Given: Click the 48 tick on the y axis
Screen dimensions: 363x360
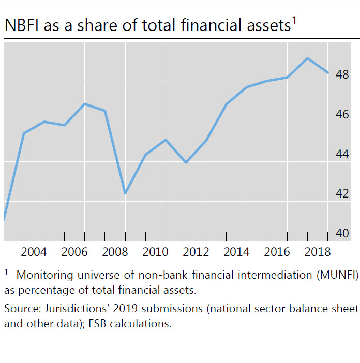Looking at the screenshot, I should pyautogui.click(x=342, y=75).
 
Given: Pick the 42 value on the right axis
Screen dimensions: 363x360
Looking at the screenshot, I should pyautogui.click(x=342, y=194).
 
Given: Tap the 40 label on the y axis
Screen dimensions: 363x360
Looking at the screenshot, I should pyautogui.click(x=342, y=234).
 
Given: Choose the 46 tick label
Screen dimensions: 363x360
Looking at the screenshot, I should pyautogui.click(x=342, y=115).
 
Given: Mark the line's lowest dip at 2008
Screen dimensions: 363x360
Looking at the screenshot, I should pyautogui.click(x=125, y=193).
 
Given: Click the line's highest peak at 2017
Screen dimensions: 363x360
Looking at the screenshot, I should pyautogui.click(x=308, y=58).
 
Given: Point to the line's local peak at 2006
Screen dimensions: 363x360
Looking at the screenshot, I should pyautogui.click(x=85, y=104).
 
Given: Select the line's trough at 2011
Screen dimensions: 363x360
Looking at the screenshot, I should pyautogui.click(x=185, y=162).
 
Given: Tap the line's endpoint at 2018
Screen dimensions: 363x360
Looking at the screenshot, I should pyautogui.click(x=328, y=72).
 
